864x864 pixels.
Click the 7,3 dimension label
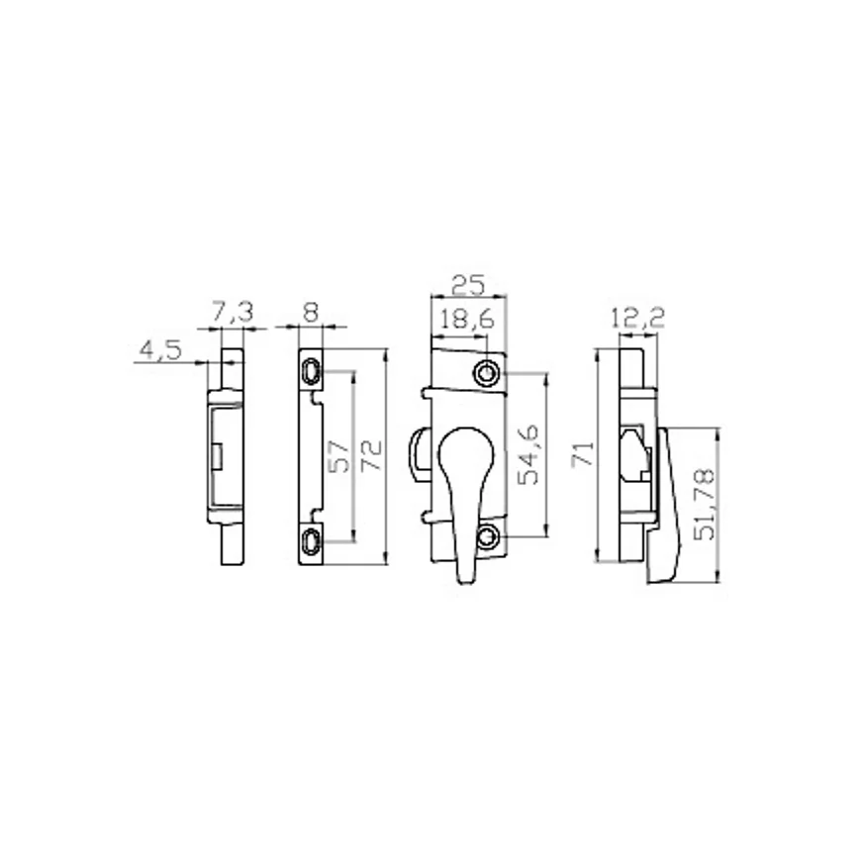[233, 313]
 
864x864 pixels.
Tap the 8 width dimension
[310, 313]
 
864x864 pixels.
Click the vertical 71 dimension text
[584, 455]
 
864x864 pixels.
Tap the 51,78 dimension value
[705, 505]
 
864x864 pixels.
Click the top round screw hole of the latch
[486, 373]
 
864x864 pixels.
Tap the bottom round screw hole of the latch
[486, 538]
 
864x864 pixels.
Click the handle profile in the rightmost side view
[665, 505]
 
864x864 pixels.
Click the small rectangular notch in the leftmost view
[216, 455]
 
